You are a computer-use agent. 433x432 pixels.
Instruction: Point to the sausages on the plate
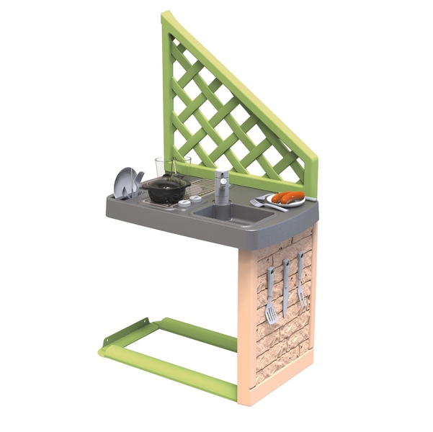point(287,197)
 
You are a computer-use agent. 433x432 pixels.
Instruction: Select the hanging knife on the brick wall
point(285,288)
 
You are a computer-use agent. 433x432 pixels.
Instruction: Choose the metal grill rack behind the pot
point(202,189)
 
